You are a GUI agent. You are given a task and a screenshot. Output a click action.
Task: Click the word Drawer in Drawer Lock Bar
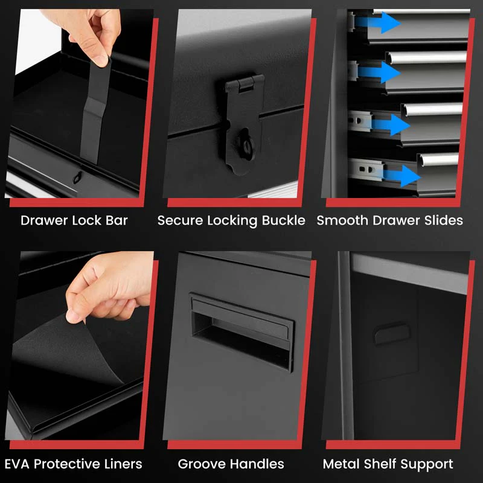pos(44,220)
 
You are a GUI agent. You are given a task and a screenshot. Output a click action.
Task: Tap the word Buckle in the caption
pos(283,220)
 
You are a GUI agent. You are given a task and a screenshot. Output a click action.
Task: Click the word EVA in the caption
pos(18,464)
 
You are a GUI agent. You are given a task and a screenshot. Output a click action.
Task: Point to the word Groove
pos(202,464)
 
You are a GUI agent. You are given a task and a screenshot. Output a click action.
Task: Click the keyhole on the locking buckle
pos(245,145)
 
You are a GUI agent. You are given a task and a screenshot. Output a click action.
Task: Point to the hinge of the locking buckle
pos(245,85)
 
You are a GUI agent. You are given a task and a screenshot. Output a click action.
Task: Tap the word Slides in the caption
pos(443,220)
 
